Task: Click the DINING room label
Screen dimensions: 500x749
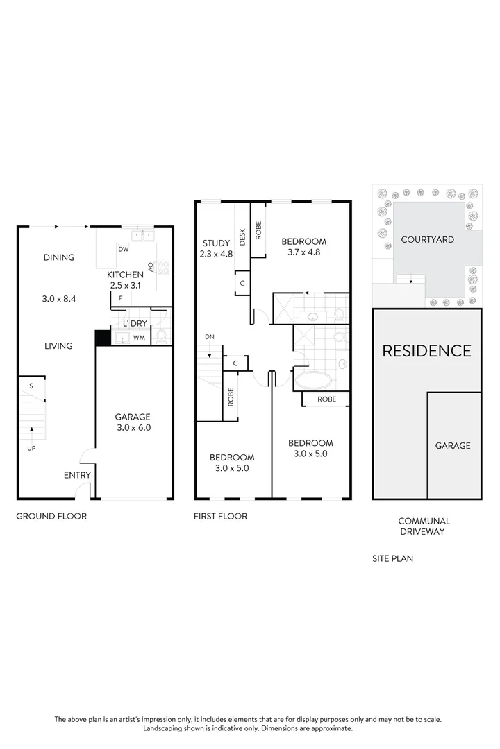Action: point(59,257)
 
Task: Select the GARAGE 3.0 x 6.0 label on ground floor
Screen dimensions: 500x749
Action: point(133,422)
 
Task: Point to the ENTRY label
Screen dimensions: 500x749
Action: point(77,475)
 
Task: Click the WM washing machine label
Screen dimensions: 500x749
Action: point(139,338)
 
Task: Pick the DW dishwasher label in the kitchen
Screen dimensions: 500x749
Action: point(123,249)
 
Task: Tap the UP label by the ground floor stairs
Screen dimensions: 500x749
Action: point(31,448)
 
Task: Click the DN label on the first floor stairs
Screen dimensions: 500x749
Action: point(210,337)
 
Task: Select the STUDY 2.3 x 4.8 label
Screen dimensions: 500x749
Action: point(217,248)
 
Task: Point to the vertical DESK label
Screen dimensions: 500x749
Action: point(242,237)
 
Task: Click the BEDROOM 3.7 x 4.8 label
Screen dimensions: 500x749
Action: point(303,247)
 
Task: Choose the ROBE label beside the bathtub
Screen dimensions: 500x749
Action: point(327,399)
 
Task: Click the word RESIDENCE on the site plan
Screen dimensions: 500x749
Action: point(426,350)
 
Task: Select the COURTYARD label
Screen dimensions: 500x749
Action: point(428,240)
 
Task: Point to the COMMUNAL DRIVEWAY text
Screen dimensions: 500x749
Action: point(424,526)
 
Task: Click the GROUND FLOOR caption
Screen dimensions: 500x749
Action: point(51,516)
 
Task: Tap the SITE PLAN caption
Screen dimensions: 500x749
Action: point(392,558)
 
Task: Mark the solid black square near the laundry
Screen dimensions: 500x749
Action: point(103,337)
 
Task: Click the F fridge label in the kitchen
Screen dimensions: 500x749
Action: point(121,299)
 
